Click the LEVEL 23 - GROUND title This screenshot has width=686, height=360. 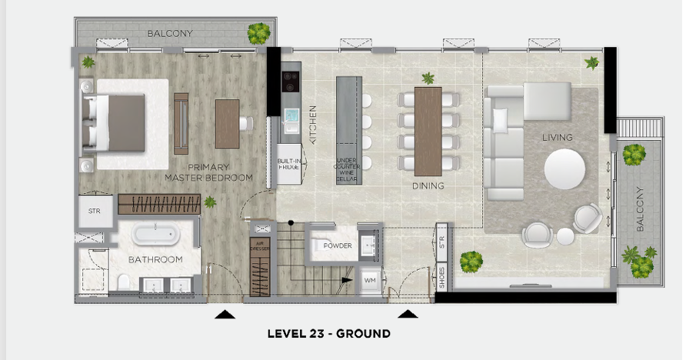(328, 334)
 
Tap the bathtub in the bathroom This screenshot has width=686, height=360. (155, 234)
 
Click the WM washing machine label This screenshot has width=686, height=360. (369, 280)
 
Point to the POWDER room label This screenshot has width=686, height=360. (337, 246)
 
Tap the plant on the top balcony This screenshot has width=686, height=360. (258, 32)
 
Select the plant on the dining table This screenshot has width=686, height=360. (428, 78)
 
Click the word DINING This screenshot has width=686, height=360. (428, 186)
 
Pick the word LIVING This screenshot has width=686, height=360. (558, 137)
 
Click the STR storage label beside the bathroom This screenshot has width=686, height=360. (95, 211)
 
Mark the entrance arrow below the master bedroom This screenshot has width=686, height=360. (224, 314)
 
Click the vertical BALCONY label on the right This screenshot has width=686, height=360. (641, 208)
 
